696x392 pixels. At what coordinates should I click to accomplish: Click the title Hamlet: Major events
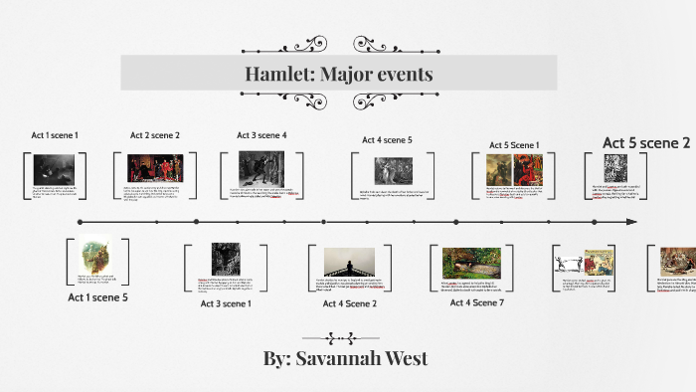point(339,75)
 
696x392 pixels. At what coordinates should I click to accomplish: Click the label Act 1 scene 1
point(55,135)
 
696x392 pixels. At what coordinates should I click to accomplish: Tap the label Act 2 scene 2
point(154,135)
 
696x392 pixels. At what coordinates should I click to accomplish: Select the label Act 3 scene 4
point(261,135)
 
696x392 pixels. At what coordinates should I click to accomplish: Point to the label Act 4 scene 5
point(387,140)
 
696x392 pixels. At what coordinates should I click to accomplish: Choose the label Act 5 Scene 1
point(513,145)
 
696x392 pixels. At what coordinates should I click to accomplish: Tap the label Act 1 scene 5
point(97,296)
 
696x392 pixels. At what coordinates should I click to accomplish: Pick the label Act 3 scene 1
point(226,302)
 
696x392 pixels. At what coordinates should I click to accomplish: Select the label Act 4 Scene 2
point(350,302)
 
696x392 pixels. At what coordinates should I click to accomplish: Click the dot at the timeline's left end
point(78,221)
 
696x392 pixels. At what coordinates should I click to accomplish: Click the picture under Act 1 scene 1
point(55,169)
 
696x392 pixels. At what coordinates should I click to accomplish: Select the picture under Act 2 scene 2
point(155,169)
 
